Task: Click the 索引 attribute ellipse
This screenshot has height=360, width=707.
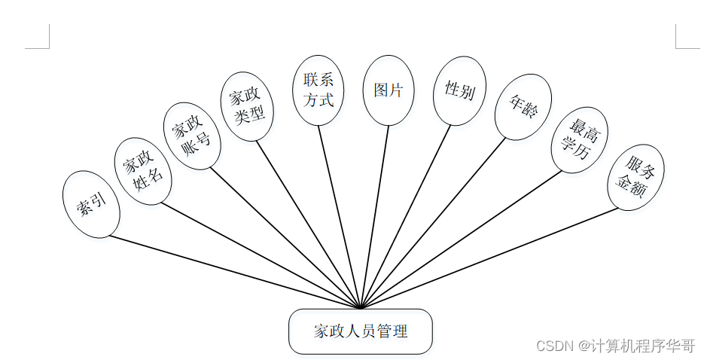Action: coord(91,204)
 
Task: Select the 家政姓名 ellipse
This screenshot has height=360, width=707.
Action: coord(143,171)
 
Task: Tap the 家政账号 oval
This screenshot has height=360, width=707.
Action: coord(192,135)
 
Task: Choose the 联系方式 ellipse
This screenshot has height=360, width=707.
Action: coord(318,90)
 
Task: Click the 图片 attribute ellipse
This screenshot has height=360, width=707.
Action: coord(389,90)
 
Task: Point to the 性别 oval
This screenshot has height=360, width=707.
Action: coord(459,92)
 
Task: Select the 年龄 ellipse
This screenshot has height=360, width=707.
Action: coord(523,107)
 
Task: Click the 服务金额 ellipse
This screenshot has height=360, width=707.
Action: coord(635,177)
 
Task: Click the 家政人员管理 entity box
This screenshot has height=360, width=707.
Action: coord(361,331)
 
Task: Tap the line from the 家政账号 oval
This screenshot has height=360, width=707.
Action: coord(286,238)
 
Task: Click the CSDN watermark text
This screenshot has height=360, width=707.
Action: coord(615,346)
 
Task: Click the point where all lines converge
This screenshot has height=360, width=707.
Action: coord(361,308)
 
